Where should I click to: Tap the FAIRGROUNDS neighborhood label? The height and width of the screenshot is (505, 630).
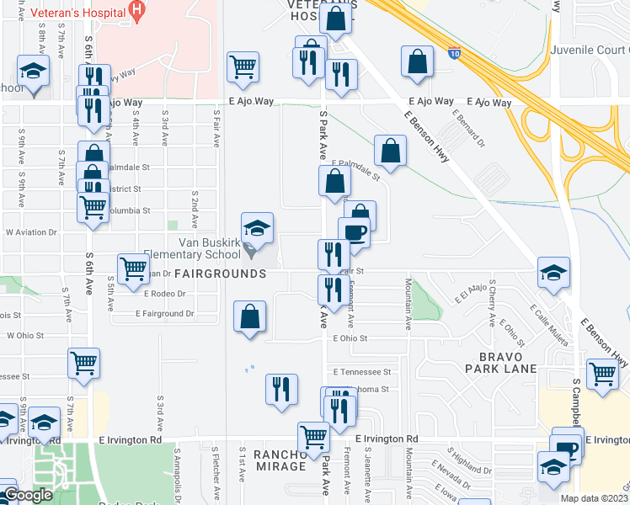tap(221, 274)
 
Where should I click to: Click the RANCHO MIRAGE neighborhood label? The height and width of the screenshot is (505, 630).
tap(266, 463)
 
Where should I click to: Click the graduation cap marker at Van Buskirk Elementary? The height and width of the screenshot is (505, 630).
tap(258, 229)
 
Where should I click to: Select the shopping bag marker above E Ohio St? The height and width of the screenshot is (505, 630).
tap(250, 317)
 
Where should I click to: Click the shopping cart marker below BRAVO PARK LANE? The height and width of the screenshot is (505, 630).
tap(603, 373)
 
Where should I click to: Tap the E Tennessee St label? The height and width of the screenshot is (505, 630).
tap(362, 371)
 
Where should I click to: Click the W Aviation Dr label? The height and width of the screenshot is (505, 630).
tap(31, 231)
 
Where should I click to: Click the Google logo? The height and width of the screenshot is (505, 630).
tap(28, 496)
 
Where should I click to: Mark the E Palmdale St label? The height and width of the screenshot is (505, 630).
tap(355, 169)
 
